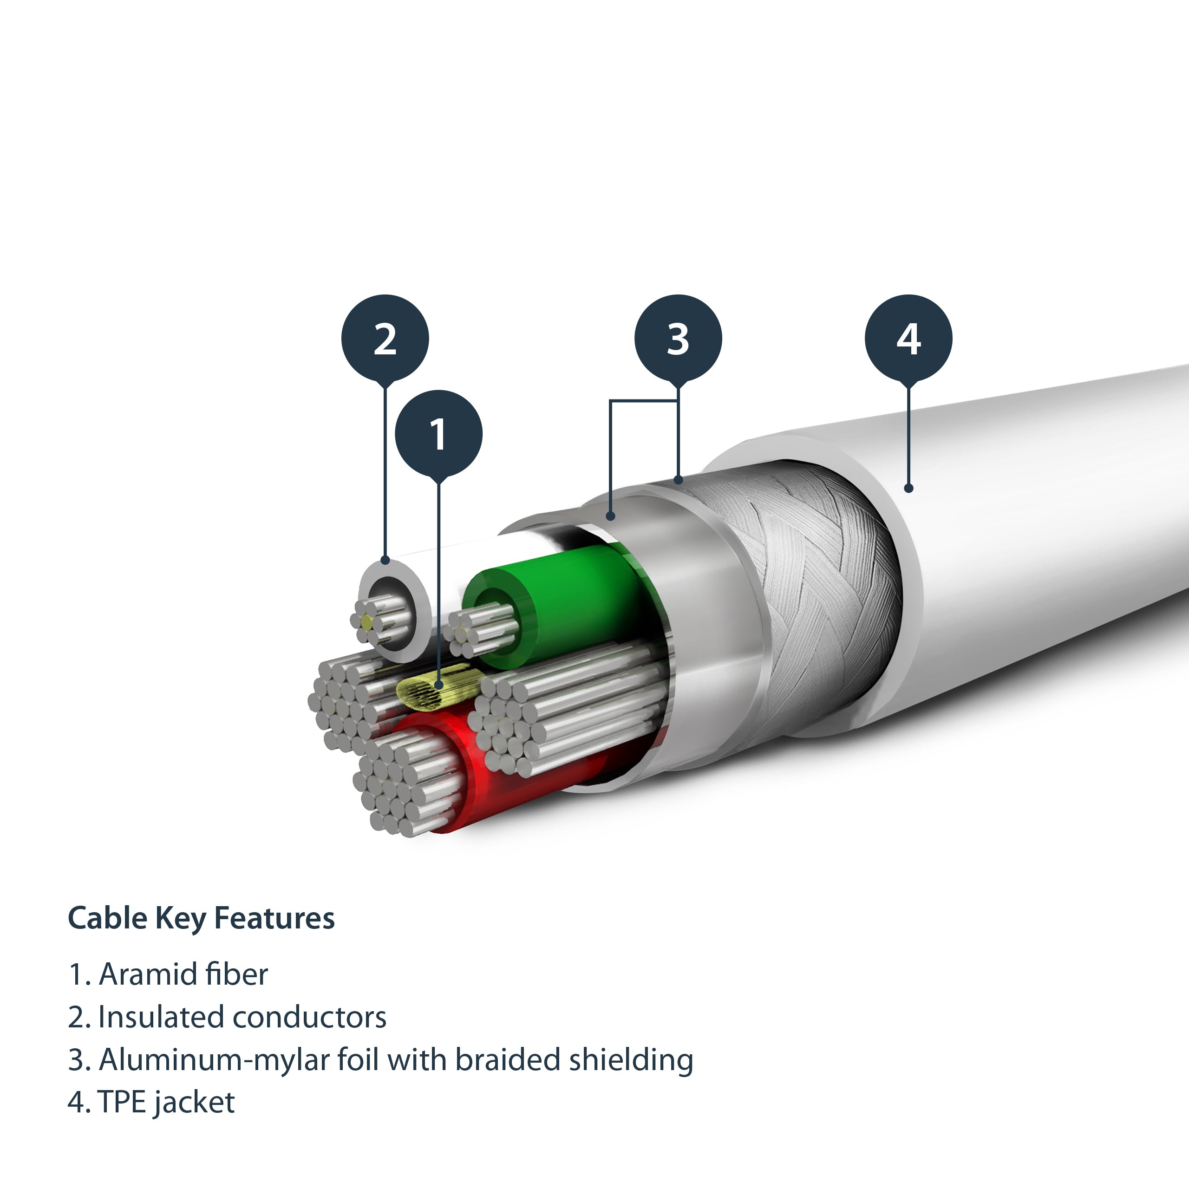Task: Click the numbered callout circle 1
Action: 438,434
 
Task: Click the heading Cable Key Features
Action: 201,918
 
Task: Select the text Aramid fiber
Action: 183,974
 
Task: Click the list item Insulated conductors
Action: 242,1017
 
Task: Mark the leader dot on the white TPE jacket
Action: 908,488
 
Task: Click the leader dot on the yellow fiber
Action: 438,684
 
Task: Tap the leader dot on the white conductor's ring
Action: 385,560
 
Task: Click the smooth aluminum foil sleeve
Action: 702,591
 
